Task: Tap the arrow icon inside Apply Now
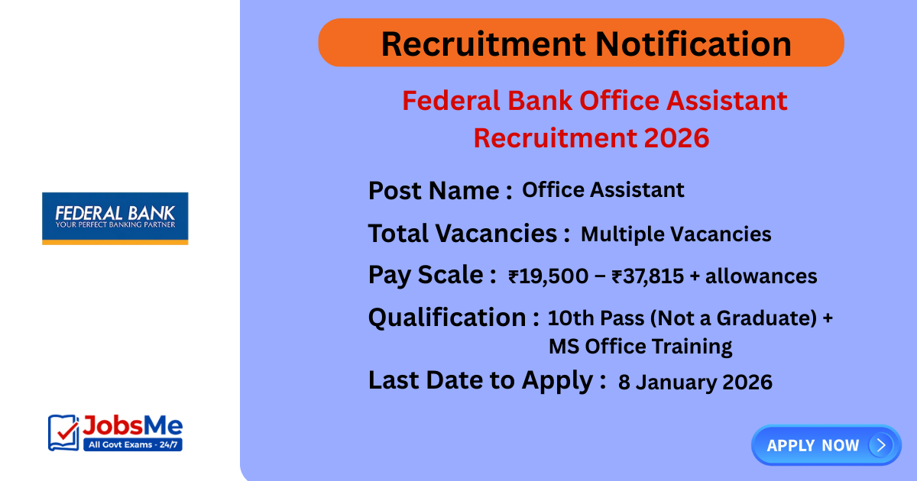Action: (881, 445)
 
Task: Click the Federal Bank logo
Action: (115, 218)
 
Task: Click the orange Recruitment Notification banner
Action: (581, 43)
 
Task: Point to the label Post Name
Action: (439, 190)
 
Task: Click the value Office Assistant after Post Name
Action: (603, 190)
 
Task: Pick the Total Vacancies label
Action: (468, 233)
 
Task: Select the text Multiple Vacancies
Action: (676, 234)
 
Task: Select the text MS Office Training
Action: (640, 347)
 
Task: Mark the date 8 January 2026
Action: (695, 382)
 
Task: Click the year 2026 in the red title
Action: (676, 138)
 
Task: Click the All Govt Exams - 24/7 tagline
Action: (132, 444)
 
